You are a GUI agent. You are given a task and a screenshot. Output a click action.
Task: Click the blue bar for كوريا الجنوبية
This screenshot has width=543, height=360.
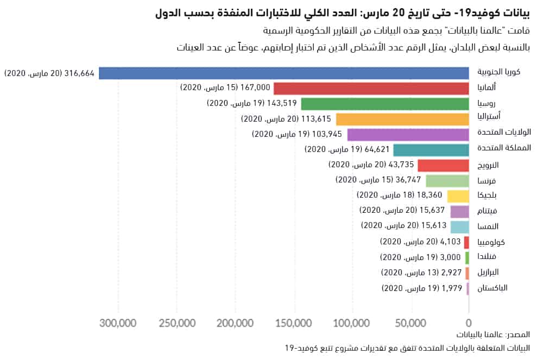click(283, 73)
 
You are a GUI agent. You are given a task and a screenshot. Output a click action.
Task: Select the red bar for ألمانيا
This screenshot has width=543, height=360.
click(371, 89)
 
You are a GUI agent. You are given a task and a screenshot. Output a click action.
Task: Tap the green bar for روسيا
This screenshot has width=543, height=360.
click(384, 104)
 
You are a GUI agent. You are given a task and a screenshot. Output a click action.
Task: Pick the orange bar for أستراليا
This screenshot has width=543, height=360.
click(402, 119)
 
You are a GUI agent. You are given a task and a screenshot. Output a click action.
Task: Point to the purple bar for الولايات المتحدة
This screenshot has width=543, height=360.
click(408, 135)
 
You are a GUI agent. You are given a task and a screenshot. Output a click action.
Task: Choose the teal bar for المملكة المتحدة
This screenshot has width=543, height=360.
click(431, 150)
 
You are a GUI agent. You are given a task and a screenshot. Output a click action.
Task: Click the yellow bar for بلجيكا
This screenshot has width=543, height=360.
click(458, 196)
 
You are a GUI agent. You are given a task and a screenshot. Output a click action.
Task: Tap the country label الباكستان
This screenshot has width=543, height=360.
click(492, 288)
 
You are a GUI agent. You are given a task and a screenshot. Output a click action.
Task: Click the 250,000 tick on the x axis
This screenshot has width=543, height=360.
click(178, 323)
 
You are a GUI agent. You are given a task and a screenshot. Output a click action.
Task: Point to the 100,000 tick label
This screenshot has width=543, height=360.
click(352, 323)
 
